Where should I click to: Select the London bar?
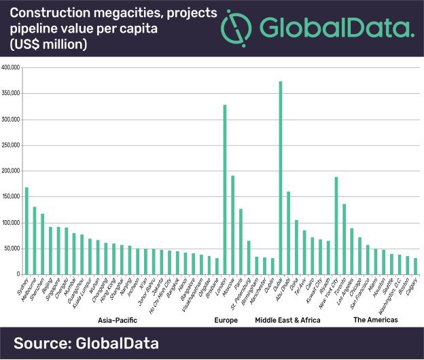pyautogui.click(x=224, y=190)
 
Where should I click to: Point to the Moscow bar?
pyautogui.click(x=232, y=225)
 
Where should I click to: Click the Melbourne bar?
pyautogui.click(x=35, y=240)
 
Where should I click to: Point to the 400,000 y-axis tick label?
pyautogui.click(x=13, y=68)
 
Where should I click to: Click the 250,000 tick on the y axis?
pyautogui.click(x=13, y=145)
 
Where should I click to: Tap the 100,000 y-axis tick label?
pyautogui.click(x=13, y=223)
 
